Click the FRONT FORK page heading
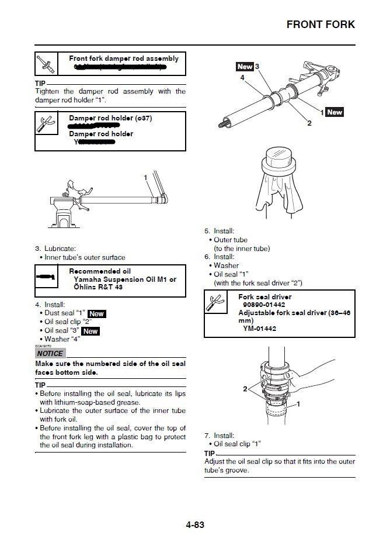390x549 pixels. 320,25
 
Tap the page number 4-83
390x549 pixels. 194,524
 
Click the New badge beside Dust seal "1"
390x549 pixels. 96,314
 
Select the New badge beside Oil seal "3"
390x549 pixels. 90,331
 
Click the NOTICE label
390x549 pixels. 50,354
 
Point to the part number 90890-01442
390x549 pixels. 264,305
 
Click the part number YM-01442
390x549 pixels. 260,329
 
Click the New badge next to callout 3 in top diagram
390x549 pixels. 245,67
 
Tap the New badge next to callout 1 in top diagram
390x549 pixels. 335,112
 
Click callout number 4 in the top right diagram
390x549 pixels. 241,77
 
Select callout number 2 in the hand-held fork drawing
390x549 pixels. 245,388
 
